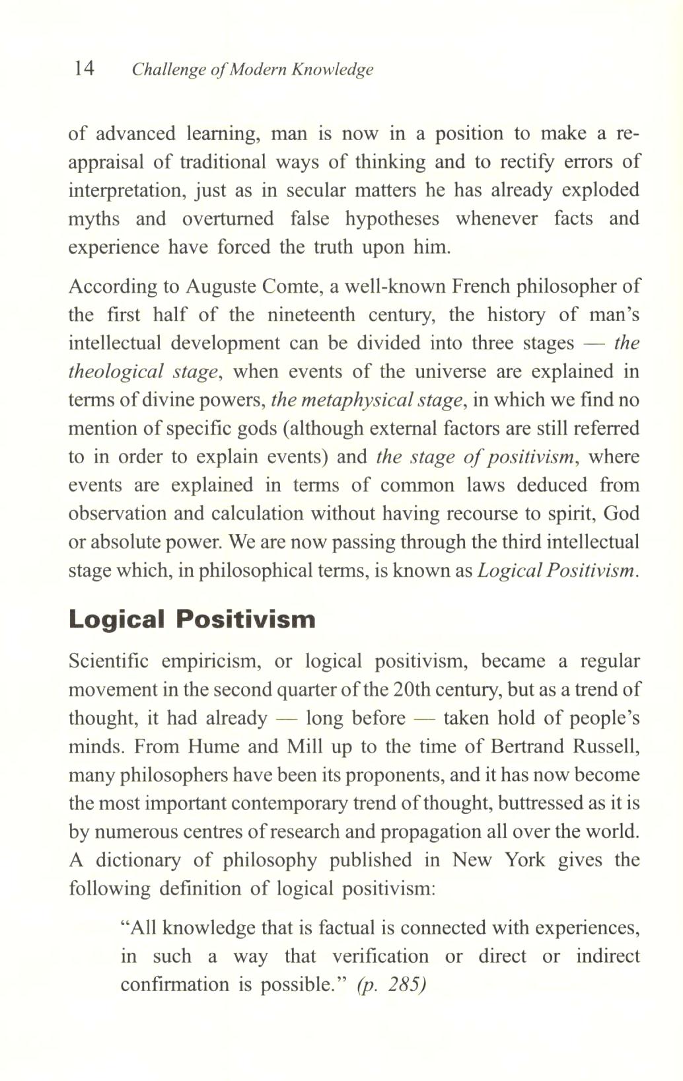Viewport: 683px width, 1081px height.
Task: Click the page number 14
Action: coord(85,68)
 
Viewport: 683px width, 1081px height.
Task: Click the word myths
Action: coord(94,219)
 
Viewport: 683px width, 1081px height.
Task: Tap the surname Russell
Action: coord(606,747)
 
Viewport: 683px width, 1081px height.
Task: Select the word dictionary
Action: coord(137,860)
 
